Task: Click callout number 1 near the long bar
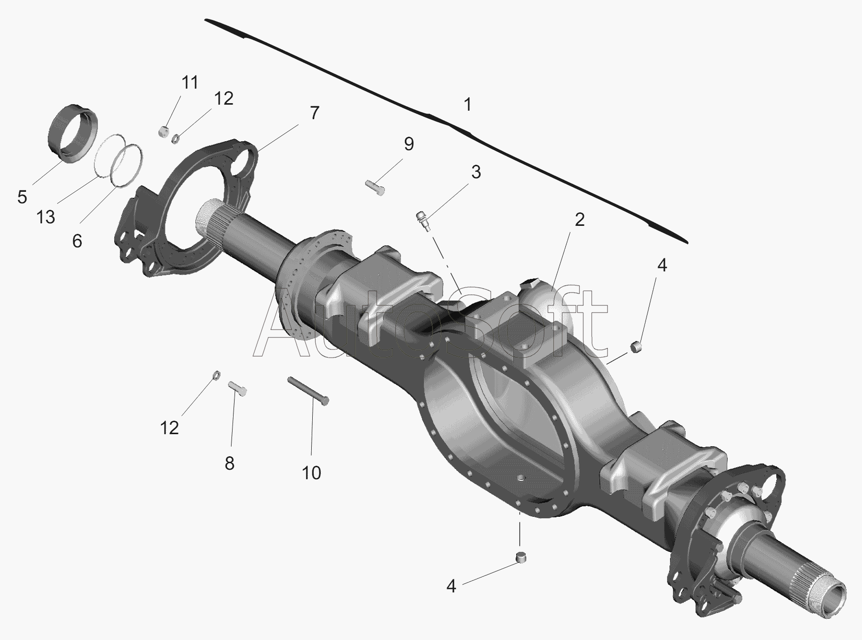(x=467, y=105)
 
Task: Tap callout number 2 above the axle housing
(x=579, y=219)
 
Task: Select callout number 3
(x=476, y=172)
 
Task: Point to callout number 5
(x=22, y=197)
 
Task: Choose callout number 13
(x=45, y=217)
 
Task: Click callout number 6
(x=77, y=241)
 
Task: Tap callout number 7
(x=314, y=113)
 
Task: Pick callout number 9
(x=409, y=144)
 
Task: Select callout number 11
(x=189, y=82)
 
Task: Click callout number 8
(x=229, y=464)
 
